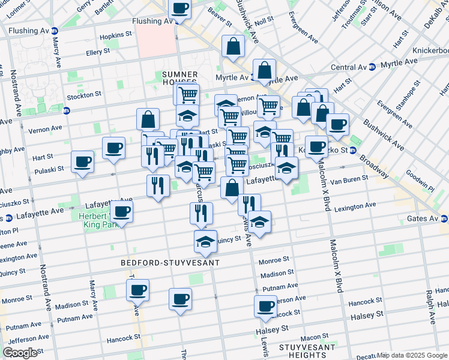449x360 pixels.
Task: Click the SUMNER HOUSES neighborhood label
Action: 180,77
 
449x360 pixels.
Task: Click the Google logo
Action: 20,353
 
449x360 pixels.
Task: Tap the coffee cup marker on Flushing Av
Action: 179,10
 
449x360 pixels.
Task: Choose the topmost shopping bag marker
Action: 233,46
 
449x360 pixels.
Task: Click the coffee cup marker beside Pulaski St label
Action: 82,161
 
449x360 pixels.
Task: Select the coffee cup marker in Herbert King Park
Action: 121,211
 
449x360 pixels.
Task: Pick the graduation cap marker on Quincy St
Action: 205,241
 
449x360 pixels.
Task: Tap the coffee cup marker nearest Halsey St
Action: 265,306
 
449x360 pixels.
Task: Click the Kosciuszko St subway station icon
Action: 354,150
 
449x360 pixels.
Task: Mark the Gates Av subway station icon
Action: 443,219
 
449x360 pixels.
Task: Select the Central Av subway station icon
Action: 372,67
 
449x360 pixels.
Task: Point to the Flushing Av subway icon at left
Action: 55,31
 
